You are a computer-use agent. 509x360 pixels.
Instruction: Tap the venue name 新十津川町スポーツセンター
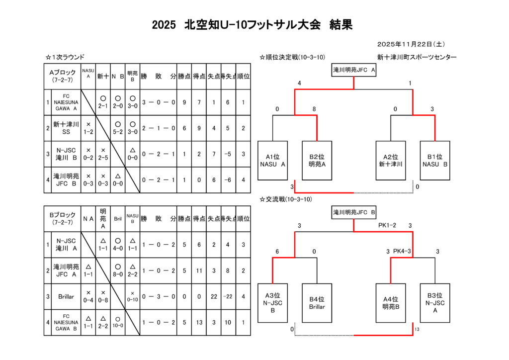[417, 58]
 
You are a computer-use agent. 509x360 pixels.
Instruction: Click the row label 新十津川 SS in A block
[66, 128]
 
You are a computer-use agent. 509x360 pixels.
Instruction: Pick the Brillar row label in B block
[66, 296]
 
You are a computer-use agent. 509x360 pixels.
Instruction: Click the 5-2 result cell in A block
[118, 128]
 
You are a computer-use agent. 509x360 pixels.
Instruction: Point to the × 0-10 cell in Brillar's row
[132, 296]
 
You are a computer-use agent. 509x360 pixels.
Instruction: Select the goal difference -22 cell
[228, 296]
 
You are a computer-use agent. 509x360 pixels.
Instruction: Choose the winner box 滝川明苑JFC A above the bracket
[354, 71]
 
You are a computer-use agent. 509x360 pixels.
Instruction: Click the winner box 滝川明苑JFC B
[354, 213]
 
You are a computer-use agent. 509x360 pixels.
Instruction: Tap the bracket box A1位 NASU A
[273, 161]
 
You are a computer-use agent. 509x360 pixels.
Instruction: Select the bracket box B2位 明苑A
[317, 161]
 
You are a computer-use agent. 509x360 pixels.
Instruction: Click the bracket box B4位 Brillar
[317, 303]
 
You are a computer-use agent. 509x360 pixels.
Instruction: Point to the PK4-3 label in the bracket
[402, 251]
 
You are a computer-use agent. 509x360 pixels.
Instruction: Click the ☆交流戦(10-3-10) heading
[286, 199]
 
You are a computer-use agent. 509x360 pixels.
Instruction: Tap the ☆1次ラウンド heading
[65, 58]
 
